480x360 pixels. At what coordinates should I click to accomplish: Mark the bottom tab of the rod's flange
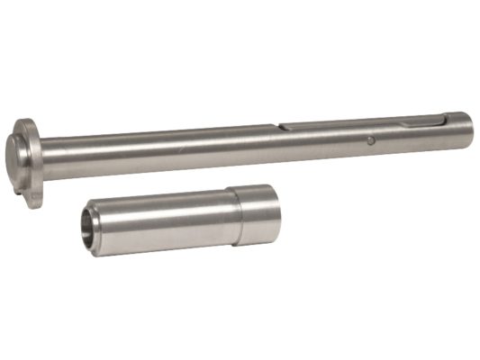tap(34, 199)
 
